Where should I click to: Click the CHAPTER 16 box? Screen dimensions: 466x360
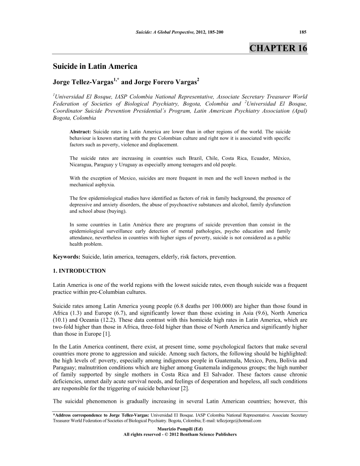tap(278, 48)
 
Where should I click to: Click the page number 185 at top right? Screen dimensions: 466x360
tap(303, 32)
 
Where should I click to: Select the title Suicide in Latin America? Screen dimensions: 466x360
tap(95, 67)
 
